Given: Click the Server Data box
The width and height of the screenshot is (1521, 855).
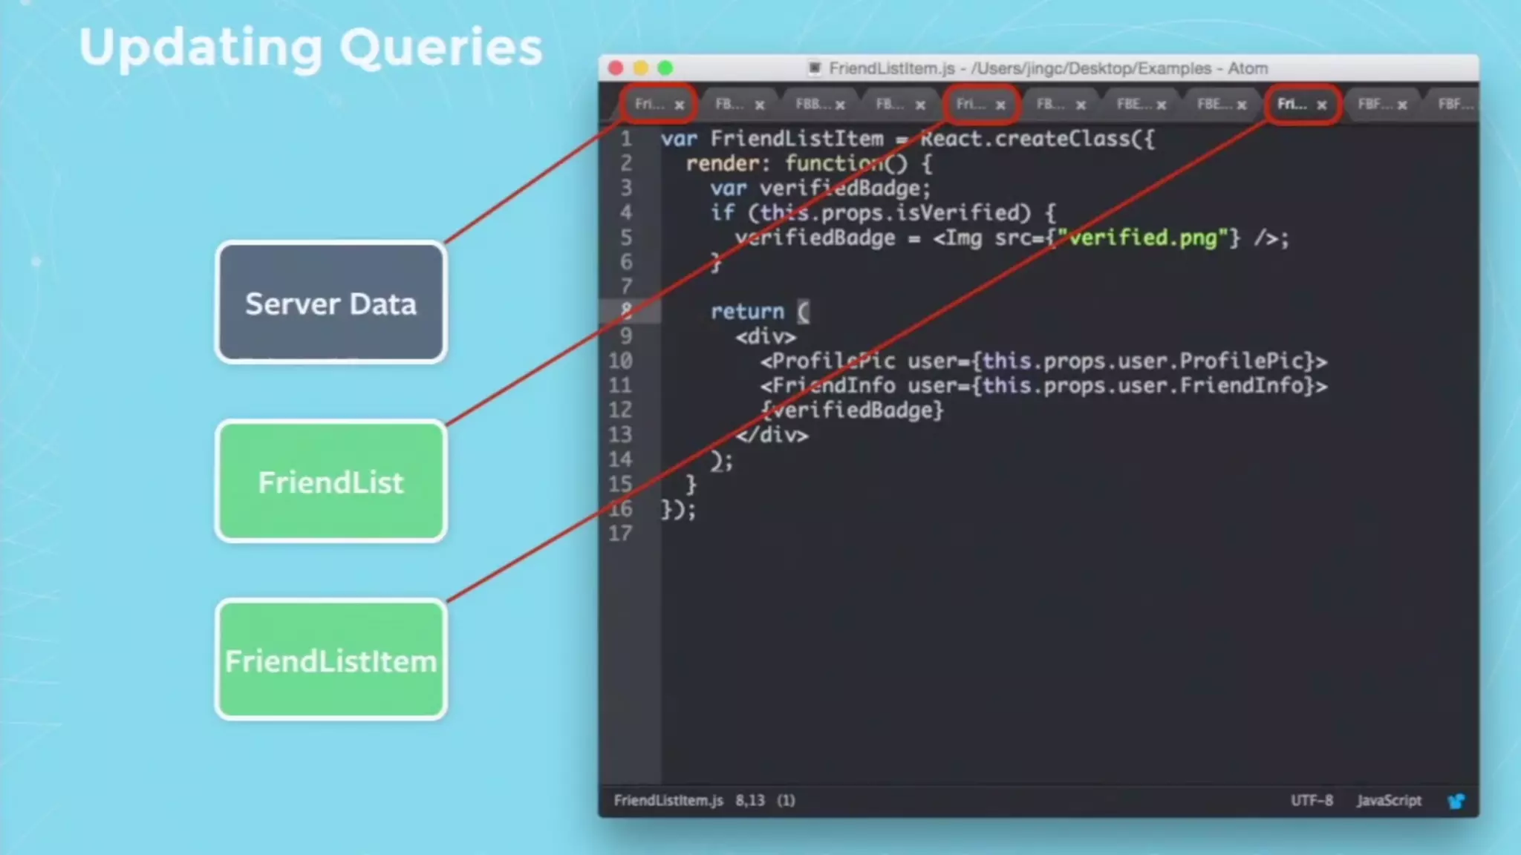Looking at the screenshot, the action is (331, 303).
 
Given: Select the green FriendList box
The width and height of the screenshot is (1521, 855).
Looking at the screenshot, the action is (331, 482).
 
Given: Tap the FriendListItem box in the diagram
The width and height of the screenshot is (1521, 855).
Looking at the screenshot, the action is (331, 660).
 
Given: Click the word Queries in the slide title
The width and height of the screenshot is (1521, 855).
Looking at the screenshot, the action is (441, 47).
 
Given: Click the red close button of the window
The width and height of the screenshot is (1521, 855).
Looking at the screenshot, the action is (616, 68).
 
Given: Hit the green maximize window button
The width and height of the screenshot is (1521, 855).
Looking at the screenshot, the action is (665, 68).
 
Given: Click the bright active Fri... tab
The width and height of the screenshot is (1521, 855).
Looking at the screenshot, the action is (1292, 104).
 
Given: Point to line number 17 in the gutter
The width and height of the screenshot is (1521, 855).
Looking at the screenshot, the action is (620, 533).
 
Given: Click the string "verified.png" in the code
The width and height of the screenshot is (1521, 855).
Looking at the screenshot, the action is (1143, 237).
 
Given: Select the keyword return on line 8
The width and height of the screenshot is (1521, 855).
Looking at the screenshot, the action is (747, 312).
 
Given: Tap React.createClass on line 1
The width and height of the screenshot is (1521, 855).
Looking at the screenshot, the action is (1037, 139).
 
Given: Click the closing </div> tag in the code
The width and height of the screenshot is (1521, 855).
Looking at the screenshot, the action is (772, 435).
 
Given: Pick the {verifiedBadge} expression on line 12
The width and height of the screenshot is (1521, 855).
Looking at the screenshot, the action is (852, 410).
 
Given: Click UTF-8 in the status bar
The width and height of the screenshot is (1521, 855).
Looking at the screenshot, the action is (1312, 800).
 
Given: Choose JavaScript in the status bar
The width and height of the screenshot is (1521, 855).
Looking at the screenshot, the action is (1389, 800).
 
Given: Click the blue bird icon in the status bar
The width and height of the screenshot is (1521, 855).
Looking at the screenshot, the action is (1456, 801).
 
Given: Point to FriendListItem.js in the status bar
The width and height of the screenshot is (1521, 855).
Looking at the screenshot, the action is (668, 800).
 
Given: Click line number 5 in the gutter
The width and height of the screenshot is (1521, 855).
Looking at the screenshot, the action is (626, 237).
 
